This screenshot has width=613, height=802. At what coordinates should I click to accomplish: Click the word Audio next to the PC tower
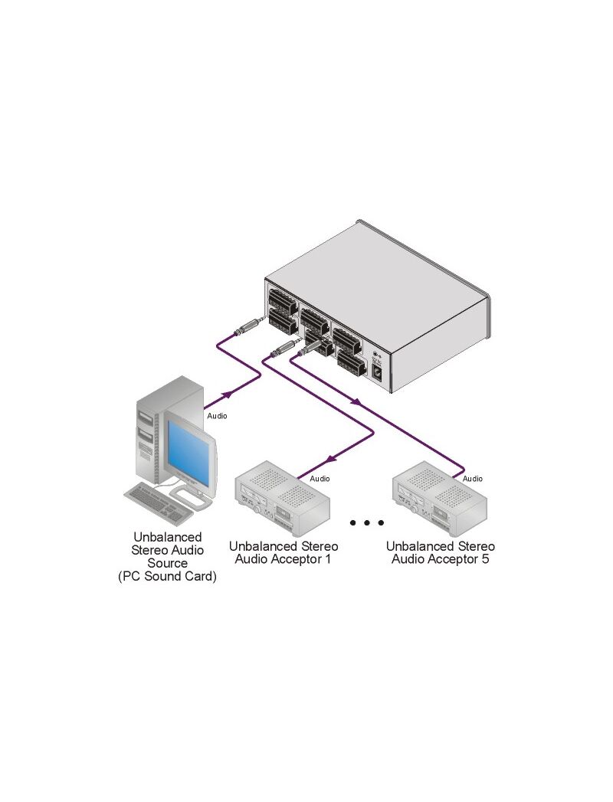(x=218, y=416)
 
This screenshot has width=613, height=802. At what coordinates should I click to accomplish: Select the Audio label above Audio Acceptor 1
(x=320, y=479)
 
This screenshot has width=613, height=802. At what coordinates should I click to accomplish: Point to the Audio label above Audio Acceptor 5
(x=473, y=479)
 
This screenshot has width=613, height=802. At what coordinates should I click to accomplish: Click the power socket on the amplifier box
(x=378, y=373)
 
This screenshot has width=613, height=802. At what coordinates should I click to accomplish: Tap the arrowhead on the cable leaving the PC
(x=228, y=394)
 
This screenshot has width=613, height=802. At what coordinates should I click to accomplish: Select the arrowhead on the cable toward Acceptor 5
(x=355, y=403)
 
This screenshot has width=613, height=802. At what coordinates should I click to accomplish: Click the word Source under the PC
(x=167, y=563)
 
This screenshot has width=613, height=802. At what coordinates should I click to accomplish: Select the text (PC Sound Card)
(x=167, y=577)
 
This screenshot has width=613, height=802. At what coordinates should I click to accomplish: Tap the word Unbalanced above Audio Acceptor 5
(x=421, y=546)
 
